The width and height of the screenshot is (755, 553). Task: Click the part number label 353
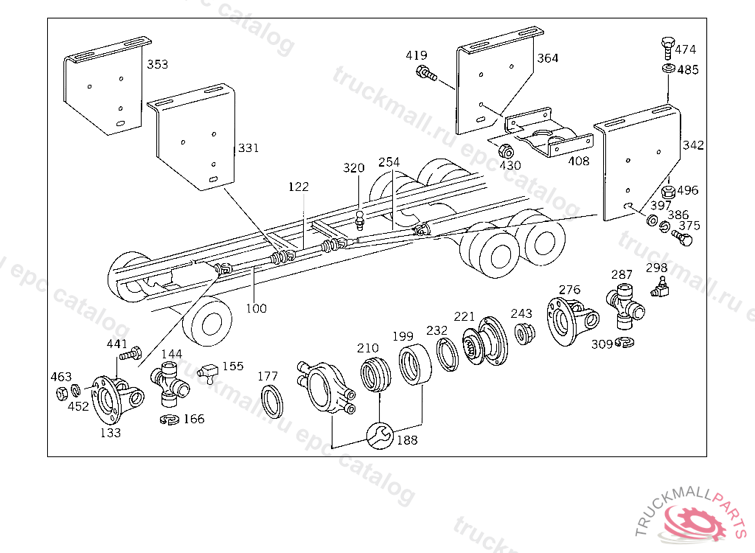coord(158,65)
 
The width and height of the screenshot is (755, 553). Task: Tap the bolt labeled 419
coord(426,73)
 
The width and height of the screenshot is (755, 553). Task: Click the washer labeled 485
coord(668,69)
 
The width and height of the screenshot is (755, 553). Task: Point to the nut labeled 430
coord(506,150)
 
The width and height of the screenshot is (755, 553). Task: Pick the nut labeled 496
coord(668,191)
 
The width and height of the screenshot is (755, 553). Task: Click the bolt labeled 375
coord(682,237)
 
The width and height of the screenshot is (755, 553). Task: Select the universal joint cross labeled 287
coord(625,306)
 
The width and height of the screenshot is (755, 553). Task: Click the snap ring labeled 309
coord(624,341)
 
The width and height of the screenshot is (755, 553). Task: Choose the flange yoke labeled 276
coord(571,321)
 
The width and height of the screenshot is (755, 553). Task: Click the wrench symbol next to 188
coord(380,436)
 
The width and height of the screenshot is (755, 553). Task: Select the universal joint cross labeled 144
coord(170,385)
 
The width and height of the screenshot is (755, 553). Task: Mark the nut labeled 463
coord(62,393)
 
